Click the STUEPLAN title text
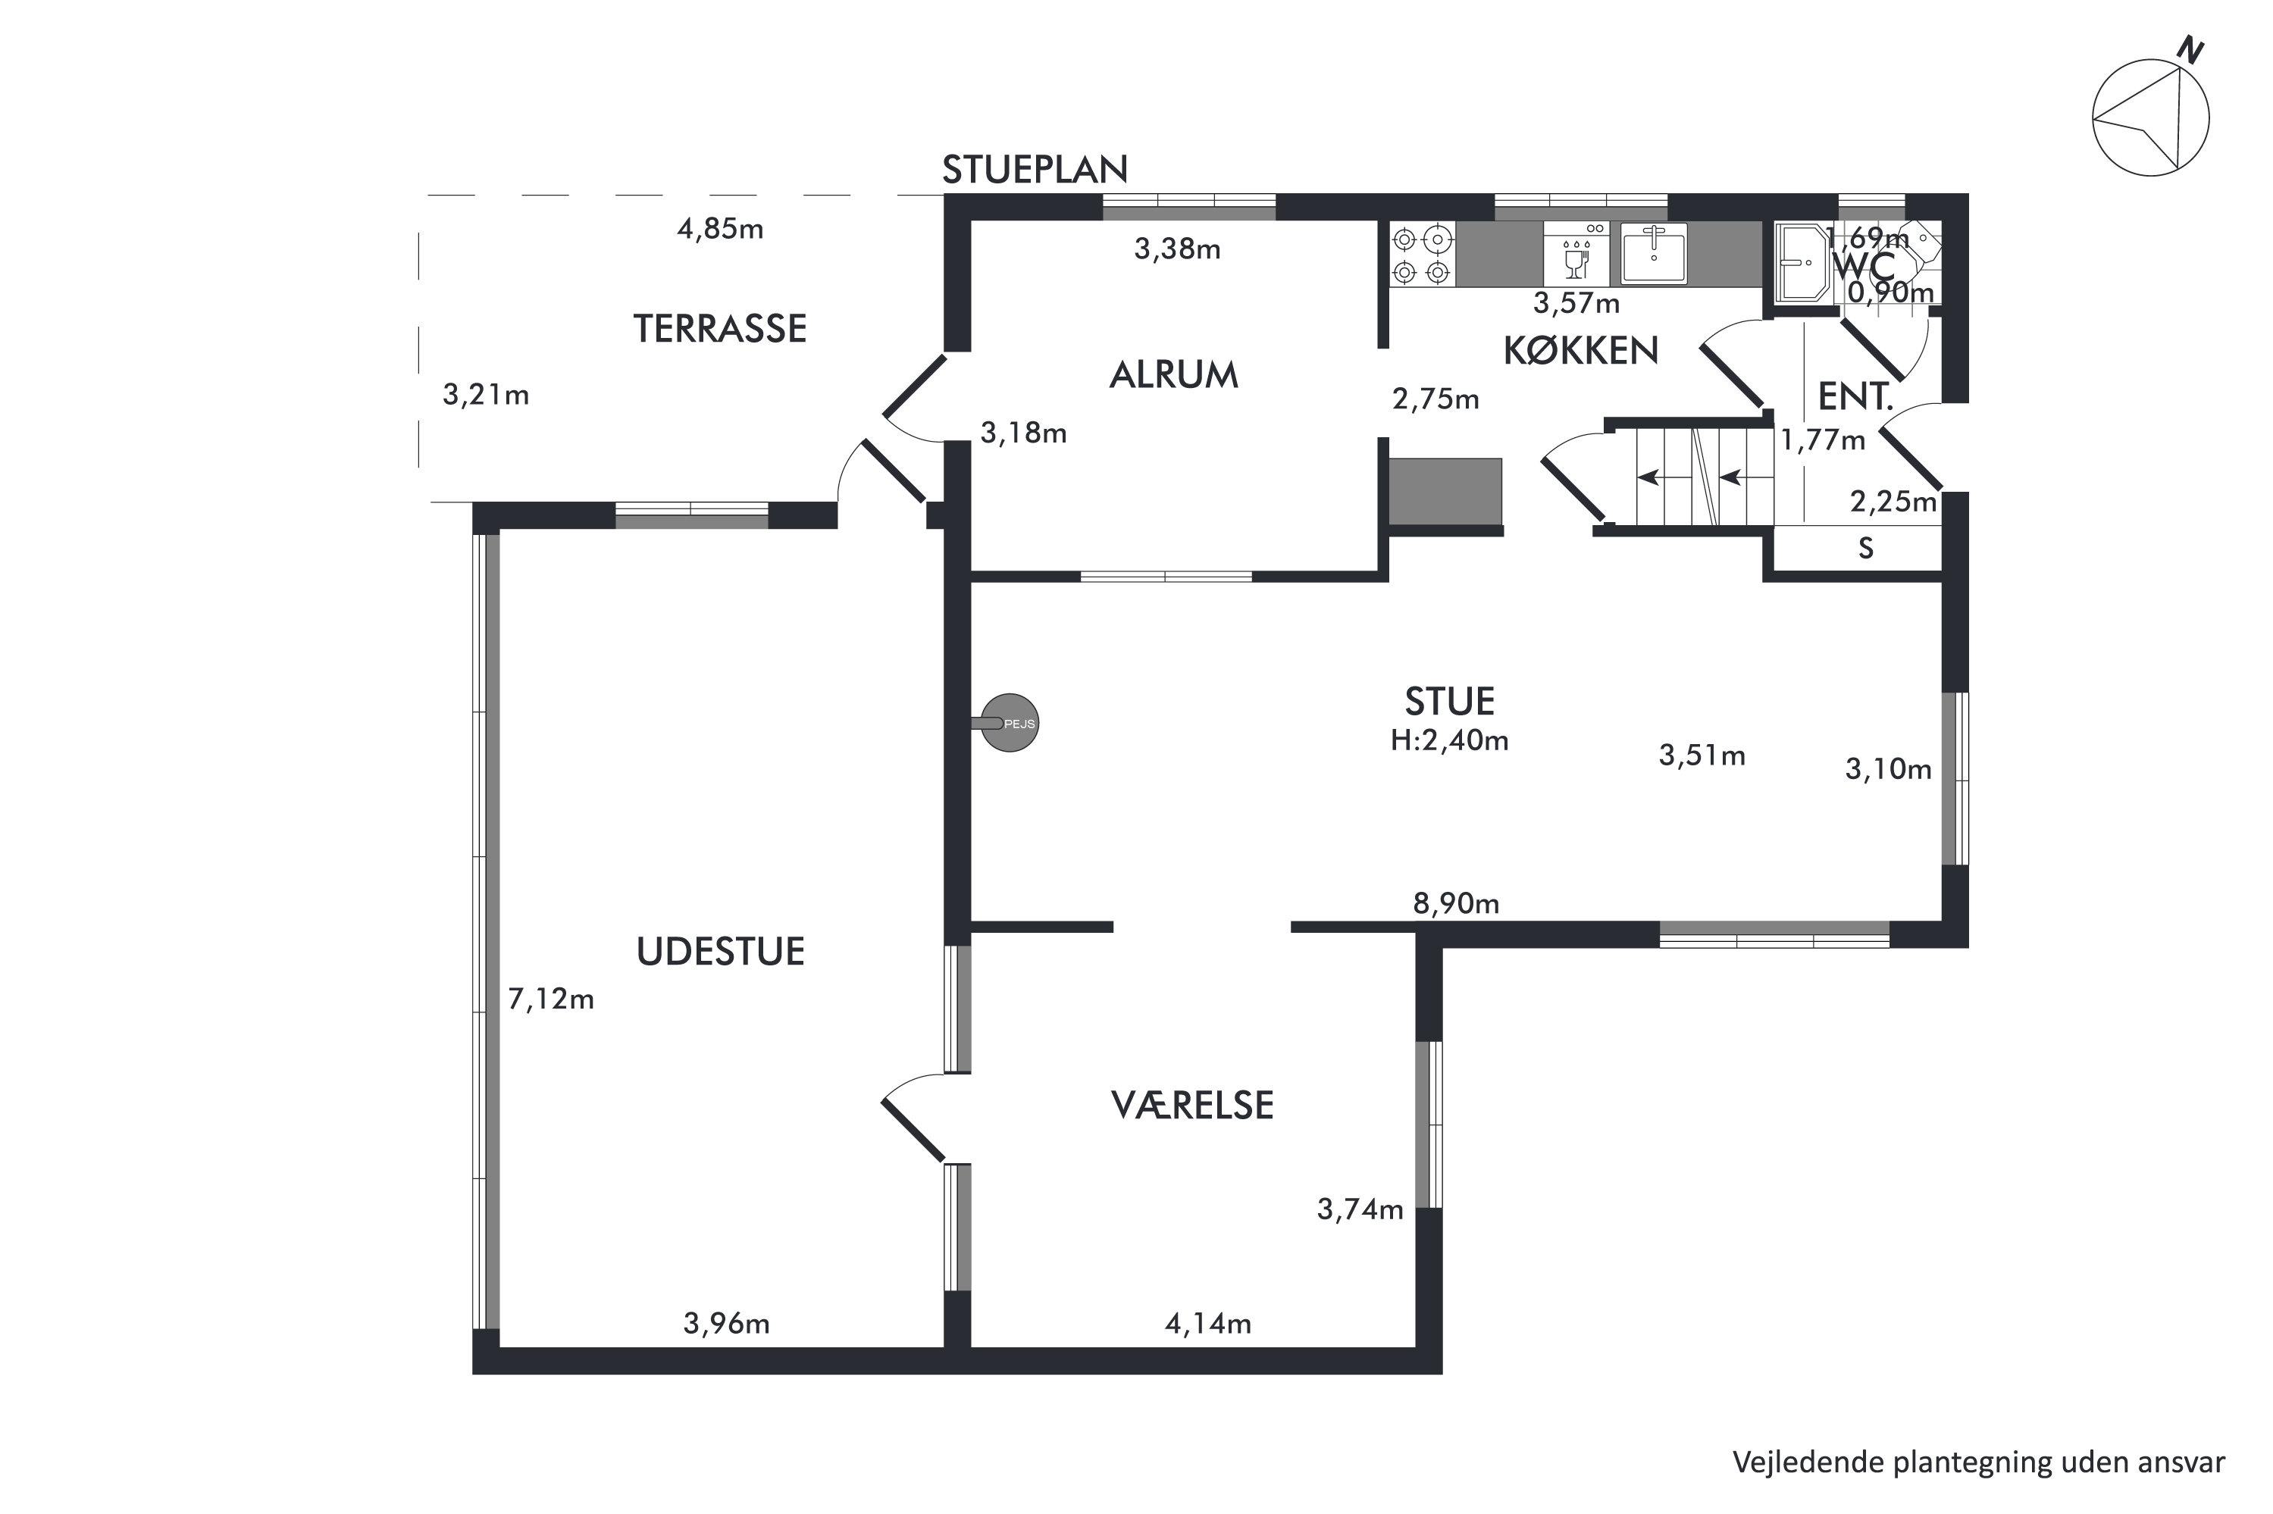(1034, 170)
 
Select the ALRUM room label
(1173, 374)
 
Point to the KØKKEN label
(1581, 351)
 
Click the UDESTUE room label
(720, 952)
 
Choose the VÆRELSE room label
(1192, 1106)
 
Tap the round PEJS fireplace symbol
(1009, 723)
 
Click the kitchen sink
(1654, 254)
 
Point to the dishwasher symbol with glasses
(1576, 254)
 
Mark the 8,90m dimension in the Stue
(1456, 904)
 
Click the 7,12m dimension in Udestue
(550, 999)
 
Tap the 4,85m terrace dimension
(720, 230)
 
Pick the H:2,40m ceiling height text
(1449, 740)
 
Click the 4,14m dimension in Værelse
(1208, 1324)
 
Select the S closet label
(1865, 549)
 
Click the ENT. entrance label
(1855, 397)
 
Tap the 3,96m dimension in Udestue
(726, 1324)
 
